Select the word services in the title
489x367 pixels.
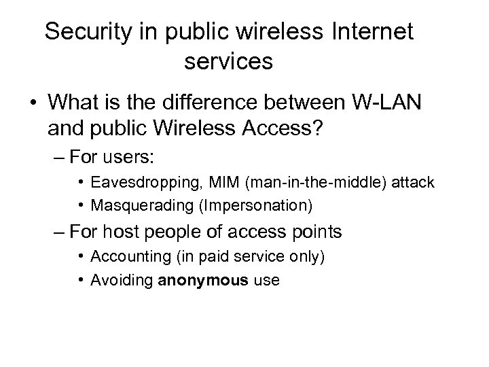click(x=228, y=62)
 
